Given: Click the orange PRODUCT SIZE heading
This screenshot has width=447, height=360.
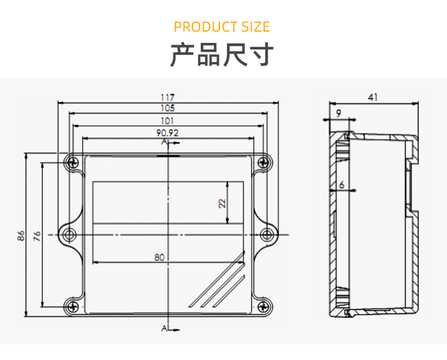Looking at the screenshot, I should tap(222, 27).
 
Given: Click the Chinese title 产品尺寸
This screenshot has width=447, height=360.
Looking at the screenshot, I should tap(222, 55).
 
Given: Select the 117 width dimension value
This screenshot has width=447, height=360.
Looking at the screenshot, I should tap(167, 97).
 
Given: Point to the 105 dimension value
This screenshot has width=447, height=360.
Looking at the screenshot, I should tap(167, 108).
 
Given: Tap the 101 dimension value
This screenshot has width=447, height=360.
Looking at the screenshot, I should tap(167, 120).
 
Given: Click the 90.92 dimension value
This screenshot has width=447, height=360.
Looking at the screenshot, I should tap(167, 132).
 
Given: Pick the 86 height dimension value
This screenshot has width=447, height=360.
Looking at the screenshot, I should tap(21, 235).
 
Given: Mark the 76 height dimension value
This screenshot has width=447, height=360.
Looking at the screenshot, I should tap(37, 235).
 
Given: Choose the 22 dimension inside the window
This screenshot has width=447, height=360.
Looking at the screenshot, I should tap(222, 203).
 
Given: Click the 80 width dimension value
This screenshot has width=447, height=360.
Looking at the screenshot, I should tap(159, 257).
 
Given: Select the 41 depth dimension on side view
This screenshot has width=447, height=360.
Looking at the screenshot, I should tap(372, 97).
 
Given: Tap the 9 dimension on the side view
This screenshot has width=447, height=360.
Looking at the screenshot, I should tap(339, 113).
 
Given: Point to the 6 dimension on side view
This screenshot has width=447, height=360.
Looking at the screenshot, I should tap(342, 185).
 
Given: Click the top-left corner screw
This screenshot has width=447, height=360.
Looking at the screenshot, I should tap(72, 162).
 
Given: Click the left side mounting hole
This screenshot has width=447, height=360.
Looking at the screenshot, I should tap(69, 234).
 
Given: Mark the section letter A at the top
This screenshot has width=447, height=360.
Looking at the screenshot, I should tap(164, 143).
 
